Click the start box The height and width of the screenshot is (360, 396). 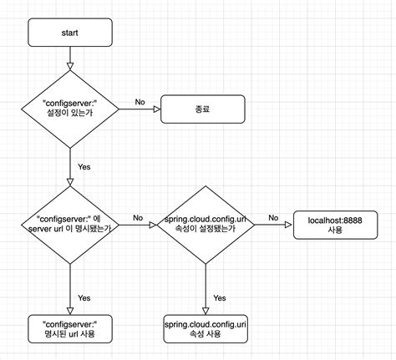[70, 34]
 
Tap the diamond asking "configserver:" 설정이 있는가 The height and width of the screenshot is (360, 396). [70, 109]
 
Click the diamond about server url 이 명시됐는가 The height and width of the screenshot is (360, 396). [70, 223]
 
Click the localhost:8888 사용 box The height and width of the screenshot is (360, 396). [336, 223]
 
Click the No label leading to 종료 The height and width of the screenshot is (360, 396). [140, 102]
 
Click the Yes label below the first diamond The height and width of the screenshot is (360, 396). [84, 166]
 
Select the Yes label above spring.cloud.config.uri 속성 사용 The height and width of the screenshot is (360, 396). [220, 297]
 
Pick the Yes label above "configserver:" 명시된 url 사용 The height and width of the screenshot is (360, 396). [84, 297]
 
